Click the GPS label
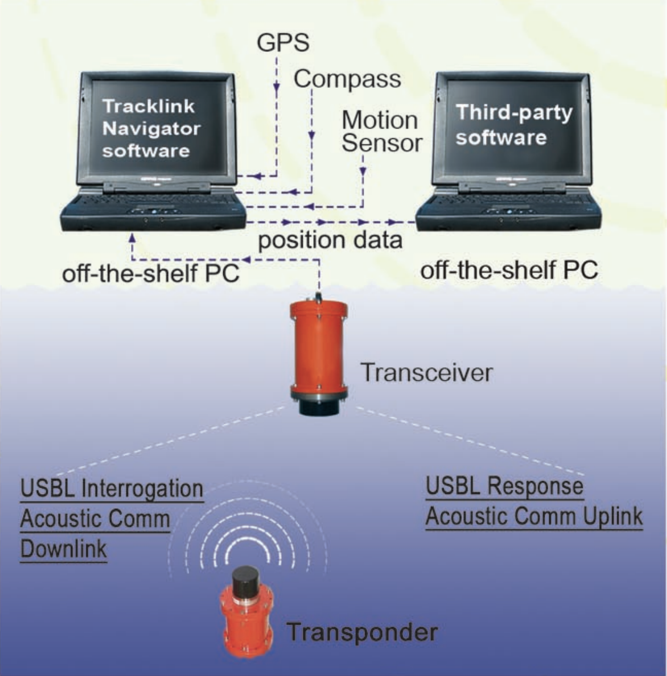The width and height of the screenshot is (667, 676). [x=283, y=43]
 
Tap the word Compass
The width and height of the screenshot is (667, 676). [x=347, y=79]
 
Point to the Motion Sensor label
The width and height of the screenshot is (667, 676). [x=382, y=131]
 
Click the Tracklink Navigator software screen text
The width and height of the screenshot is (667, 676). [x=151, y=128]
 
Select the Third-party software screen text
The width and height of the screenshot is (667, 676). [x=514, y=125]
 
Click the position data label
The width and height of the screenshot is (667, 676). [x=330, y=240]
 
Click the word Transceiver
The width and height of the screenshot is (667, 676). [x=426, y=372]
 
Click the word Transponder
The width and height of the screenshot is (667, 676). [x=362, y=632]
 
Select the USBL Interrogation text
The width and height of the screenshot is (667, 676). [x=112, y=488]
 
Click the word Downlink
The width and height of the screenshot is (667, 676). [x=63, y=549]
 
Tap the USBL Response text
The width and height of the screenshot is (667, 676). [x=505, y=486]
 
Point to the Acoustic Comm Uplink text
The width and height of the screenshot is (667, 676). [x=534, y=516]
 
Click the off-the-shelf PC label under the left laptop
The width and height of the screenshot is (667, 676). [x=151, y=273]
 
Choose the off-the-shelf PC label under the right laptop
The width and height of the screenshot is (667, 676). [x=509, y=270]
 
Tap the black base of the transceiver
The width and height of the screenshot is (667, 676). [x=320, y=405]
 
